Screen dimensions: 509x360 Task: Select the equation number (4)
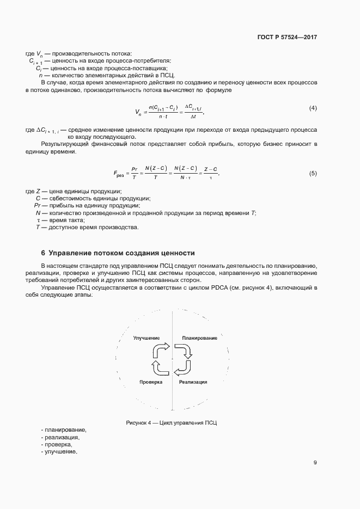pos(313,108)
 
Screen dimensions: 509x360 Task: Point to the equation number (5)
pos(313,173)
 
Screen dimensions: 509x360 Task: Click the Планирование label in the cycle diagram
pos(199,338)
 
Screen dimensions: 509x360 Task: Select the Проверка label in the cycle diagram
pos(151,382)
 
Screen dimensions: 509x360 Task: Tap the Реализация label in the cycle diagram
pos(193,382)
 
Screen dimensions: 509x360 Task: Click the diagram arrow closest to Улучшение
pos(162,349)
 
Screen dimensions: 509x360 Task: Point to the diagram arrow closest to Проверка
pos(162,369)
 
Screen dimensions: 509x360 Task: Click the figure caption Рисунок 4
pos(172,422)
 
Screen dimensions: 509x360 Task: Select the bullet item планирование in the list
pos(65,430)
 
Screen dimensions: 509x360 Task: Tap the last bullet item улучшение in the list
pos(60,452)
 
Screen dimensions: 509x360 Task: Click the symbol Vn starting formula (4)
pos(138,112)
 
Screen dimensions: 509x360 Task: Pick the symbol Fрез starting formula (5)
pos(119,175)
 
